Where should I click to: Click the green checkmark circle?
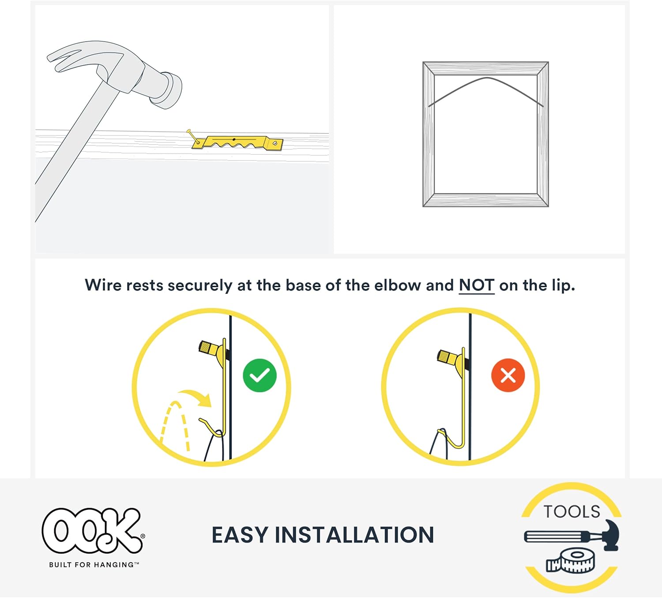pos(260,375)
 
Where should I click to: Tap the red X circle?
pos(508,375)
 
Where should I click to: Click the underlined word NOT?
pos(477,285)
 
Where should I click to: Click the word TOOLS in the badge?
pos(572,512)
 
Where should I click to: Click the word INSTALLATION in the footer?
pos(354,534)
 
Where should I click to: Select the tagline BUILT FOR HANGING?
pos(94,565)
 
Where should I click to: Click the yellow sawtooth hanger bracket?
pos(237,142)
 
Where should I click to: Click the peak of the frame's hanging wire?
pos(487,78)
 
